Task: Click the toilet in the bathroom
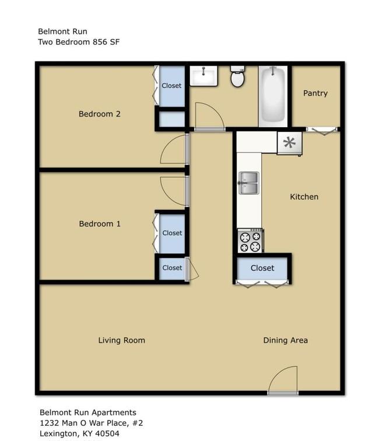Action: point(237,76)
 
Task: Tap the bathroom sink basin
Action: point(203,76)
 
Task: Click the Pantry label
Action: point(315,93)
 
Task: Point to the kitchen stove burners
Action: point(250,241)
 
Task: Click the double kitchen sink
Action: point(248,183)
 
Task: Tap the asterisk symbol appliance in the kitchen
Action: point(290,143)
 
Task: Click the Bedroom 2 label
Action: point(100,114)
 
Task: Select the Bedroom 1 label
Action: point(100,223)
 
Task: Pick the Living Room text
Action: point(121,340)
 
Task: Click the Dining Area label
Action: point(285,340)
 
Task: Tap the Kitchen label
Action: point(304,197)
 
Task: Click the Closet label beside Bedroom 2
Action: point(171,86)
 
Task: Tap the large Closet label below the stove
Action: point(262,268)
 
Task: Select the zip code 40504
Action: point(107,433)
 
